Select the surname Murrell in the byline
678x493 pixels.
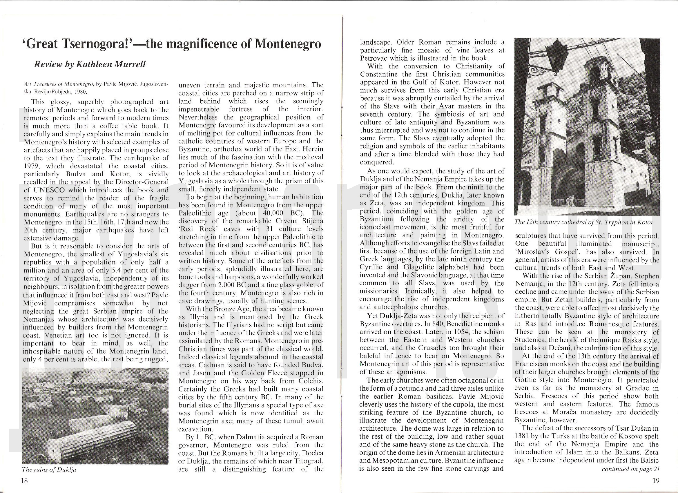[129, 65]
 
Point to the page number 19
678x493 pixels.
[656, 481]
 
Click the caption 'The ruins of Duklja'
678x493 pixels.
[49, 470]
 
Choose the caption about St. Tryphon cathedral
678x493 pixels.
[584, 222]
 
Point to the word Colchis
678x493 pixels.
[311, 381]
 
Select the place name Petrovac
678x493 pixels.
[375, 58]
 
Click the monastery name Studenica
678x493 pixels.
[530, 340]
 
